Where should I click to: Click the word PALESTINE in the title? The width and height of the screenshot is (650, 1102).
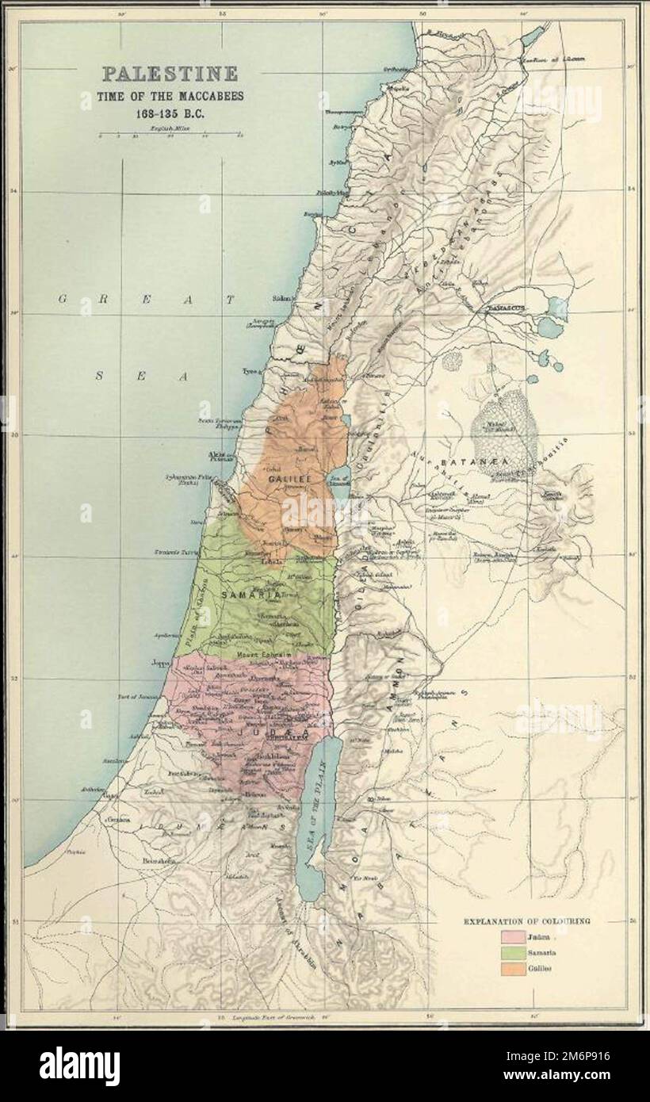[x=170, y=75]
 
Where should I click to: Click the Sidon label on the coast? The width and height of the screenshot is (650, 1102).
[x=281, y=300]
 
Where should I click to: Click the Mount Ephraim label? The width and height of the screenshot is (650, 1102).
[x=259, y=655]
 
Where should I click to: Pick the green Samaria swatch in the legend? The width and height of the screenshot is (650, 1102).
[x=514, y=955]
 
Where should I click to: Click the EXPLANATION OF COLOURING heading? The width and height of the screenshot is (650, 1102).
[x=526, y=921]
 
